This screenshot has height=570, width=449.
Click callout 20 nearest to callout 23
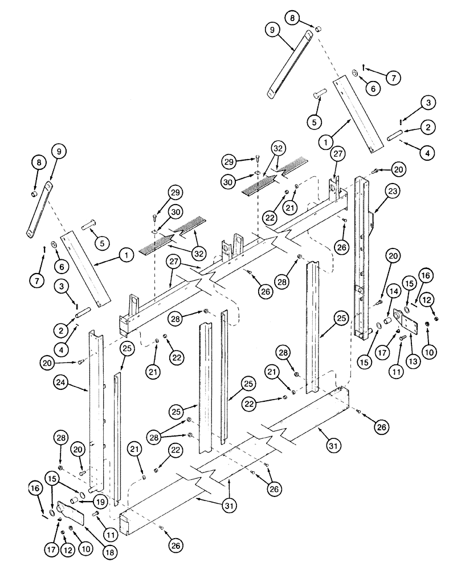(398, 169)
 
